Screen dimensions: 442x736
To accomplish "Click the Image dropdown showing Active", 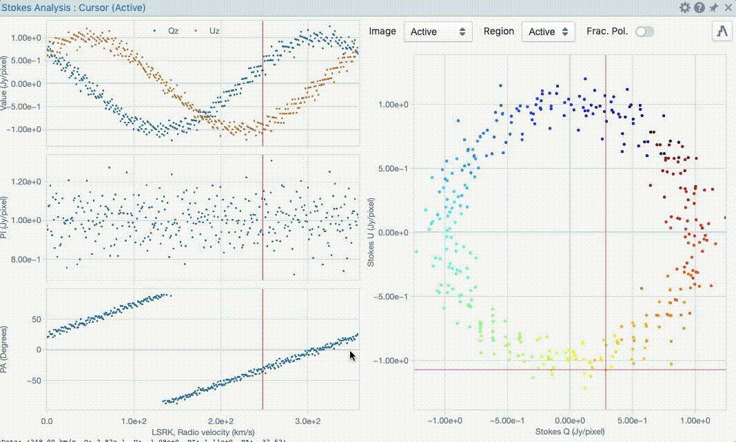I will [x=438, y=32].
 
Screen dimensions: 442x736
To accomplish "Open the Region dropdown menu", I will [x=549, y=32].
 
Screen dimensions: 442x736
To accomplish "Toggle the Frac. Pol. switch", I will [x=645, y=32].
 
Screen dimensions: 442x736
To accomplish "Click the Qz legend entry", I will [x=168, y=31].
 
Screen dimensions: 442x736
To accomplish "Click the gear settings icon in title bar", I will [x=684, y=8].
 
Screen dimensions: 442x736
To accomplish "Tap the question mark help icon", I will [x=699, y=8].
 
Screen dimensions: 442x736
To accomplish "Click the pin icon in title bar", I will [x=714, y=8].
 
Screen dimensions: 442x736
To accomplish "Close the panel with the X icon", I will [x=728, y=8].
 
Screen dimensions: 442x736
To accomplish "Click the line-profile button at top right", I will [x=722, y=31].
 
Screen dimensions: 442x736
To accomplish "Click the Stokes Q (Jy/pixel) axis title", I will [x=569, y=432].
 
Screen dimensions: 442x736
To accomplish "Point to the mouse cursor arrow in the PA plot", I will [x=352, y=356].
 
